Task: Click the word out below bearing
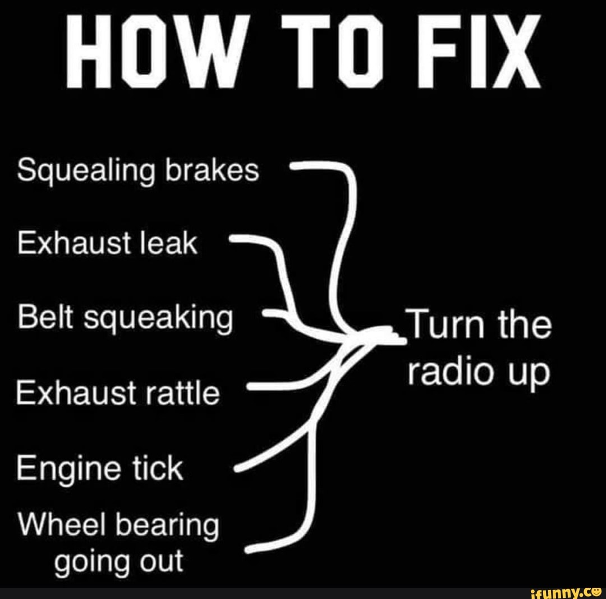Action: tap(162, 561)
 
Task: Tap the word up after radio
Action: tap(528, 373)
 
